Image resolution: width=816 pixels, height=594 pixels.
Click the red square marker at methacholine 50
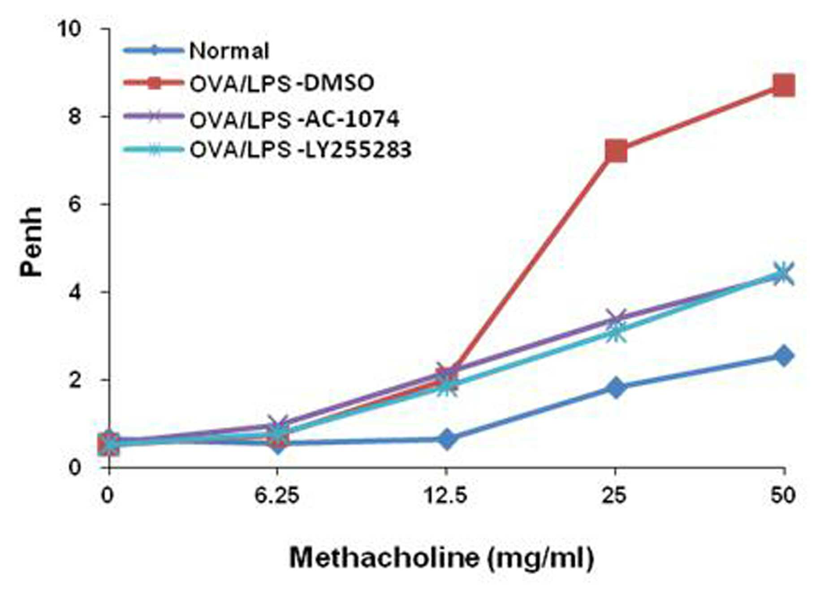point(784,85)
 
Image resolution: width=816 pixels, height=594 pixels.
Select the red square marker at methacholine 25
point(616,151)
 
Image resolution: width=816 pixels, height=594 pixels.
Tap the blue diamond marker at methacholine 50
point(784,356)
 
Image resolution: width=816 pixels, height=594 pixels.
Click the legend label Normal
point(229,51)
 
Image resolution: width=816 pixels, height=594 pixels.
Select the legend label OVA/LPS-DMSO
point(282,83)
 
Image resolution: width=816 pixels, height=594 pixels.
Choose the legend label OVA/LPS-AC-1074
point(294,118)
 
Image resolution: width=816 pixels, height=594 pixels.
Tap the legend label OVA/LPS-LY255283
point(300,149)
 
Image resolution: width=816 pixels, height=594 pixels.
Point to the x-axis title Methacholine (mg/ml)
point(442,558)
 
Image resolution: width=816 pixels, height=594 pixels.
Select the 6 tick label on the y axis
point(75,204)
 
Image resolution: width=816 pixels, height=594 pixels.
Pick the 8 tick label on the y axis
point(75,117)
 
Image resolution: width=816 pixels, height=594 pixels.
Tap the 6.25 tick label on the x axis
point(277,495)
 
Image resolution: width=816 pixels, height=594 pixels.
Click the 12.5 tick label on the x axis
point(446,495)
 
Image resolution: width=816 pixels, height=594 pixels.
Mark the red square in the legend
point(154,82)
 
